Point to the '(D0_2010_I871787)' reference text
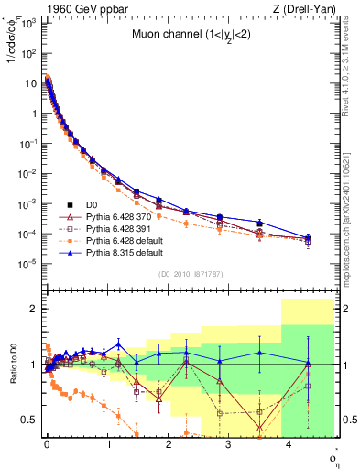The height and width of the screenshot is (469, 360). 190,274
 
